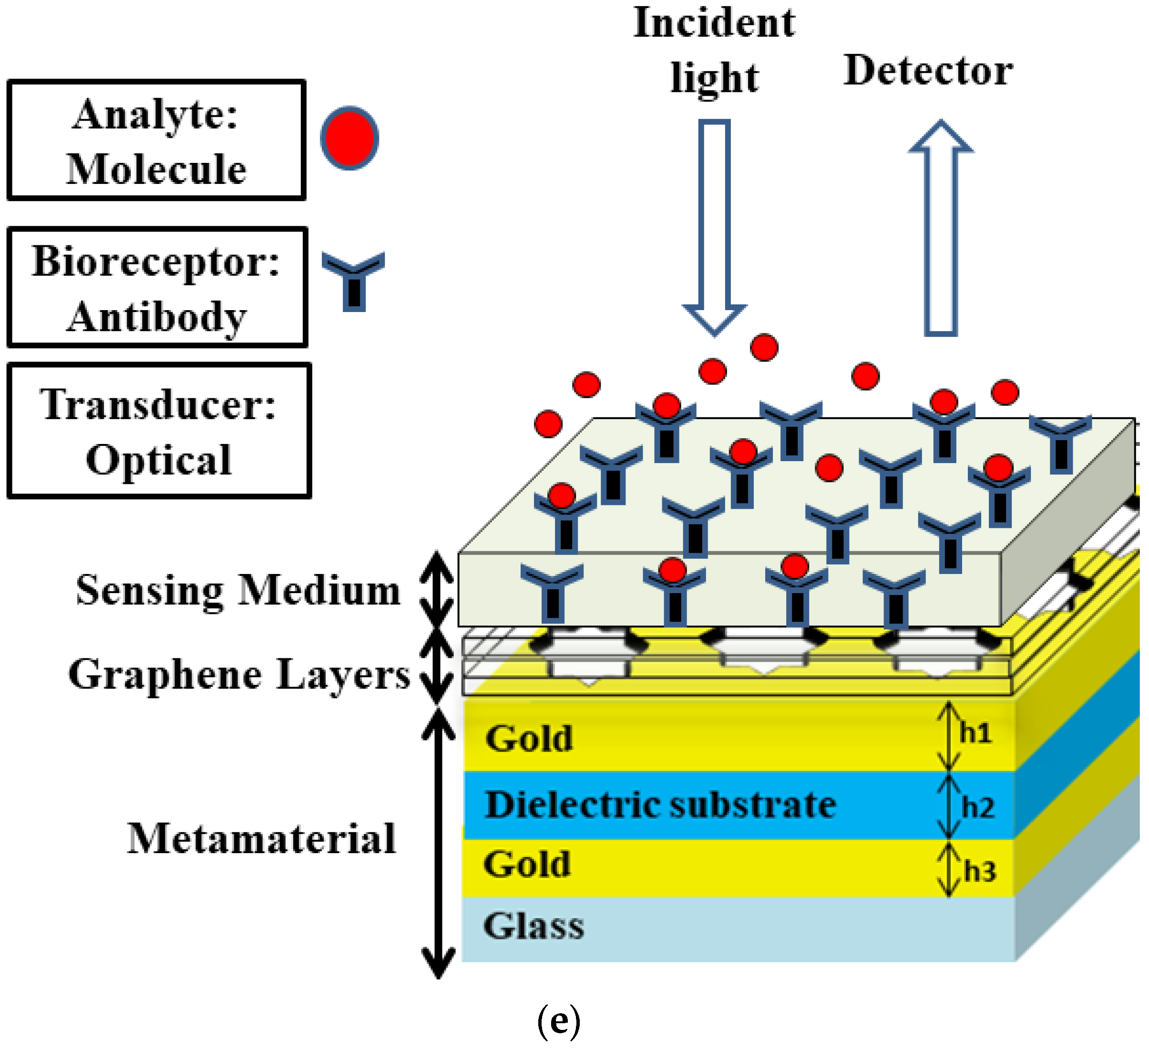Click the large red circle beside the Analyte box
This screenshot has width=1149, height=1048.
349,138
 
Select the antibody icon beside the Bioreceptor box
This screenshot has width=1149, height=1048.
353,280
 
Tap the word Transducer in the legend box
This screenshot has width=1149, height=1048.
158,404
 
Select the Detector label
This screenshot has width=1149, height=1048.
928,71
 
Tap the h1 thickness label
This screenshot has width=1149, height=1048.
975,733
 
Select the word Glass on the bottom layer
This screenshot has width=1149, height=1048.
533,926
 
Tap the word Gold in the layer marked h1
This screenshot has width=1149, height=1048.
529,739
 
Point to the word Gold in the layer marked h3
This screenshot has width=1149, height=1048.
527,864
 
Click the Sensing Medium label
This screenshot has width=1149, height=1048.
238,591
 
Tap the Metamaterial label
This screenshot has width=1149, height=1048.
262,839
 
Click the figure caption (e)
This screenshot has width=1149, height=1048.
559,1019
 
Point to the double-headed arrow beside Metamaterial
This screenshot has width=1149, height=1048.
438,843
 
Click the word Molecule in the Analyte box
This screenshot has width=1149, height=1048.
157,170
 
